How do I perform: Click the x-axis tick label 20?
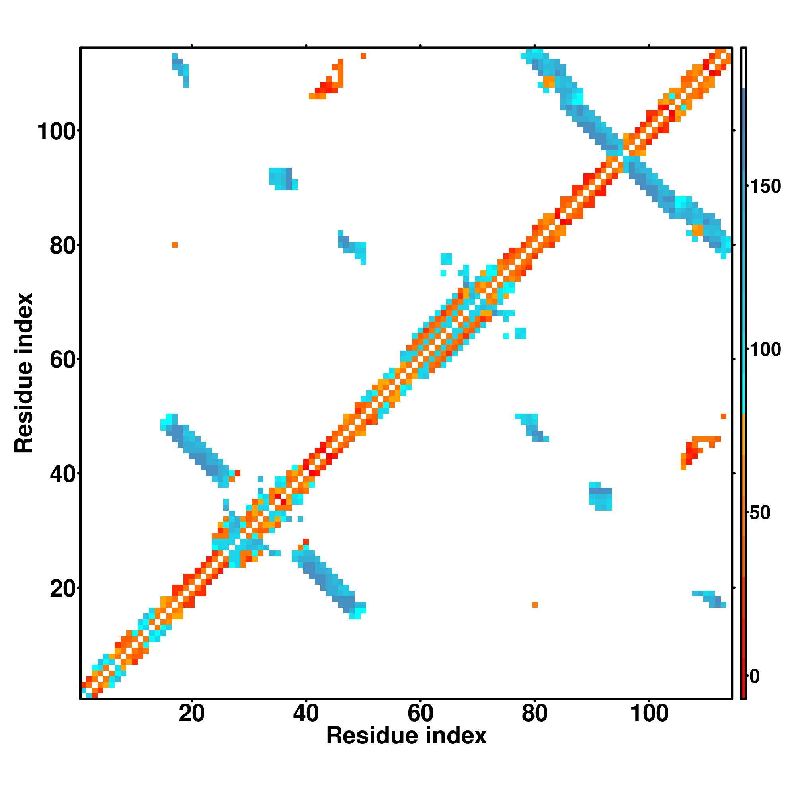click(191, 713)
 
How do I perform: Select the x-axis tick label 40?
click(306, 713)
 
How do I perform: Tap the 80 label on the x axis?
click(535, 713)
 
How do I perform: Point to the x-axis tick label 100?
click(649, 713)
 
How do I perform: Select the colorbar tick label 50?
click(760, 513)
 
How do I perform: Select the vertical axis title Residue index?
click(23, 373)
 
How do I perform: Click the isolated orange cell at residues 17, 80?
click(175, 245)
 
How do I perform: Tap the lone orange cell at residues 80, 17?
click(535, 605)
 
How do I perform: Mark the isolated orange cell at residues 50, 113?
click(363, 56)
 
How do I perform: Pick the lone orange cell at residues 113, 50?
click(724, 416)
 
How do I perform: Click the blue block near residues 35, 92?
click(281, 178)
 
